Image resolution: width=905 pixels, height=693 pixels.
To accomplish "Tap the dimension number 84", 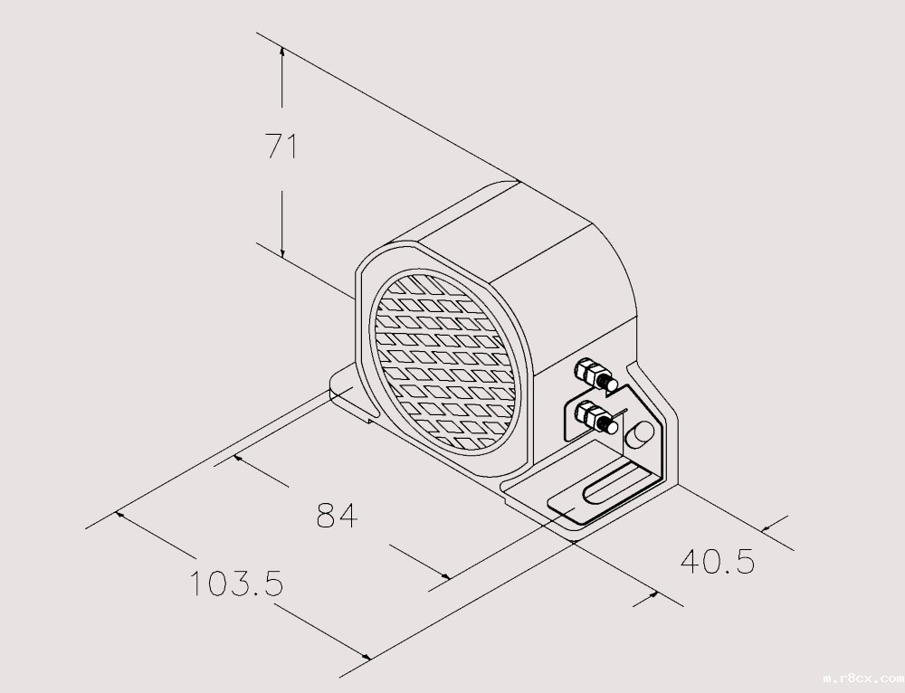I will tap(337, 516).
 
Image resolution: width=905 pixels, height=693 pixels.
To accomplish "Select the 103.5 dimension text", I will tap(236, 584).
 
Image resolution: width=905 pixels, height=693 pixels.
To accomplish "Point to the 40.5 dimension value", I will tap(717, 561).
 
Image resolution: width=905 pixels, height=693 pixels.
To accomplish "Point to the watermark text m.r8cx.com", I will tap(862, 676).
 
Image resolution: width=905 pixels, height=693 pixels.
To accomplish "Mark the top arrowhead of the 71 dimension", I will tap(282, 53).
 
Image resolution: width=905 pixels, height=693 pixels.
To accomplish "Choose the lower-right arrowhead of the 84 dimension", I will tap(444, 575).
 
